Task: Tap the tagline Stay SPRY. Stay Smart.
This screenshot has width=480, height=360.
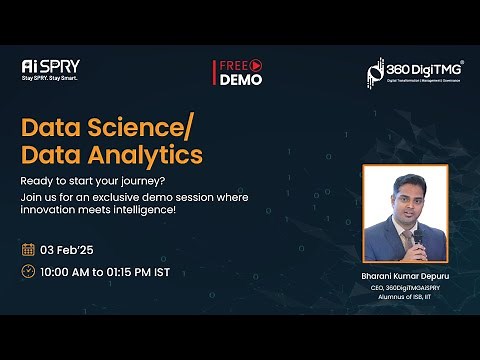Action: pos(50,77)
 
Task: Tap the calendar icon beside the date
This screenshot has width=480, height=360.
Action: pos(28,248)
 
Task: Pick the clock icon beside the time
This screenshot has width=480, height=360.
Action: pos(28,271)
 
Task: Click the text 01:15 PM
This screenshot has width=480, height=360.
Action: pos(143,271)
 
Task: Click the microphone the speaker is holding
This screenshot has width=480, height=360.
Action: pos(418,236)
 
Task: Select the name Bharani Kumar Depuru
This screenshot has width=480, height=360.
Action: pos(404,274)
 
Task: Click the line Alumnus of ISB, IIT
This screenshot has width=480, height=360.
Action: pos(404,295)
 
